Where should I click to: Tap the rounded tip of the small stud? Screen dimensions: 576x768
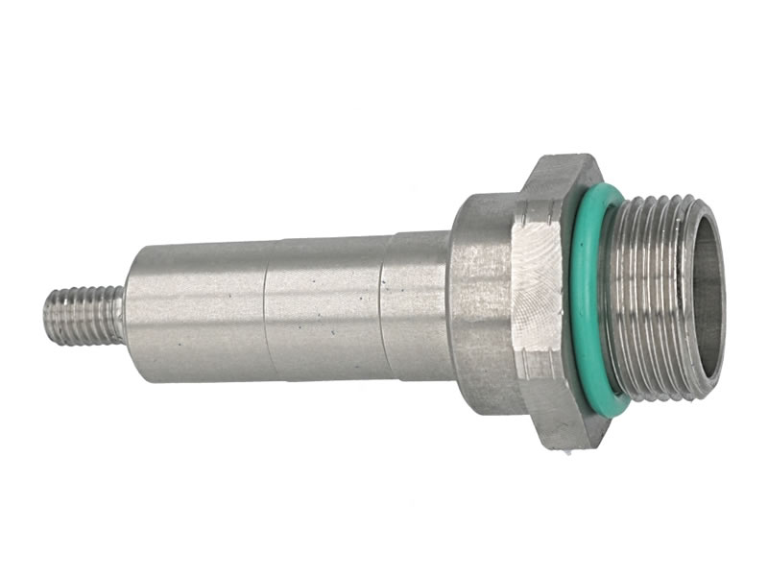pos(48,318)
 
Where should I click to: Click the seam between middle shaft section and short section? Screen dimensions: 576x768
pos(383,305)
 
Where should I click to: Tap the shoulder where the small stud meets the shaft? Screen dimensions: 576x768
pos(125,315)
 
